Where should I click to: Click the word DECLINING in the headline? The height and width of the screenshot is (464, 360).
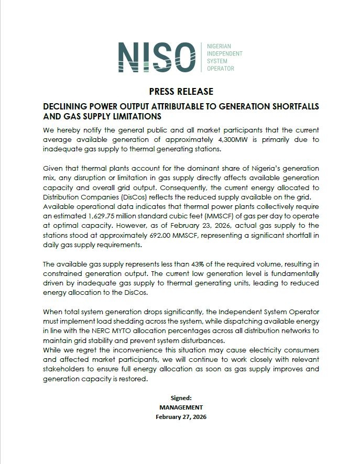pos(66,106)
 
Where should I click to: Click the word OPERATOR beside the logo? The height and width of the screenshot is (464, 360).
pos(221,69)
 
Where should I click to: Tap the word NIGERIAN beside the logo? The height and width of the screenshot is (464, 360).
pos(221,47)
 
